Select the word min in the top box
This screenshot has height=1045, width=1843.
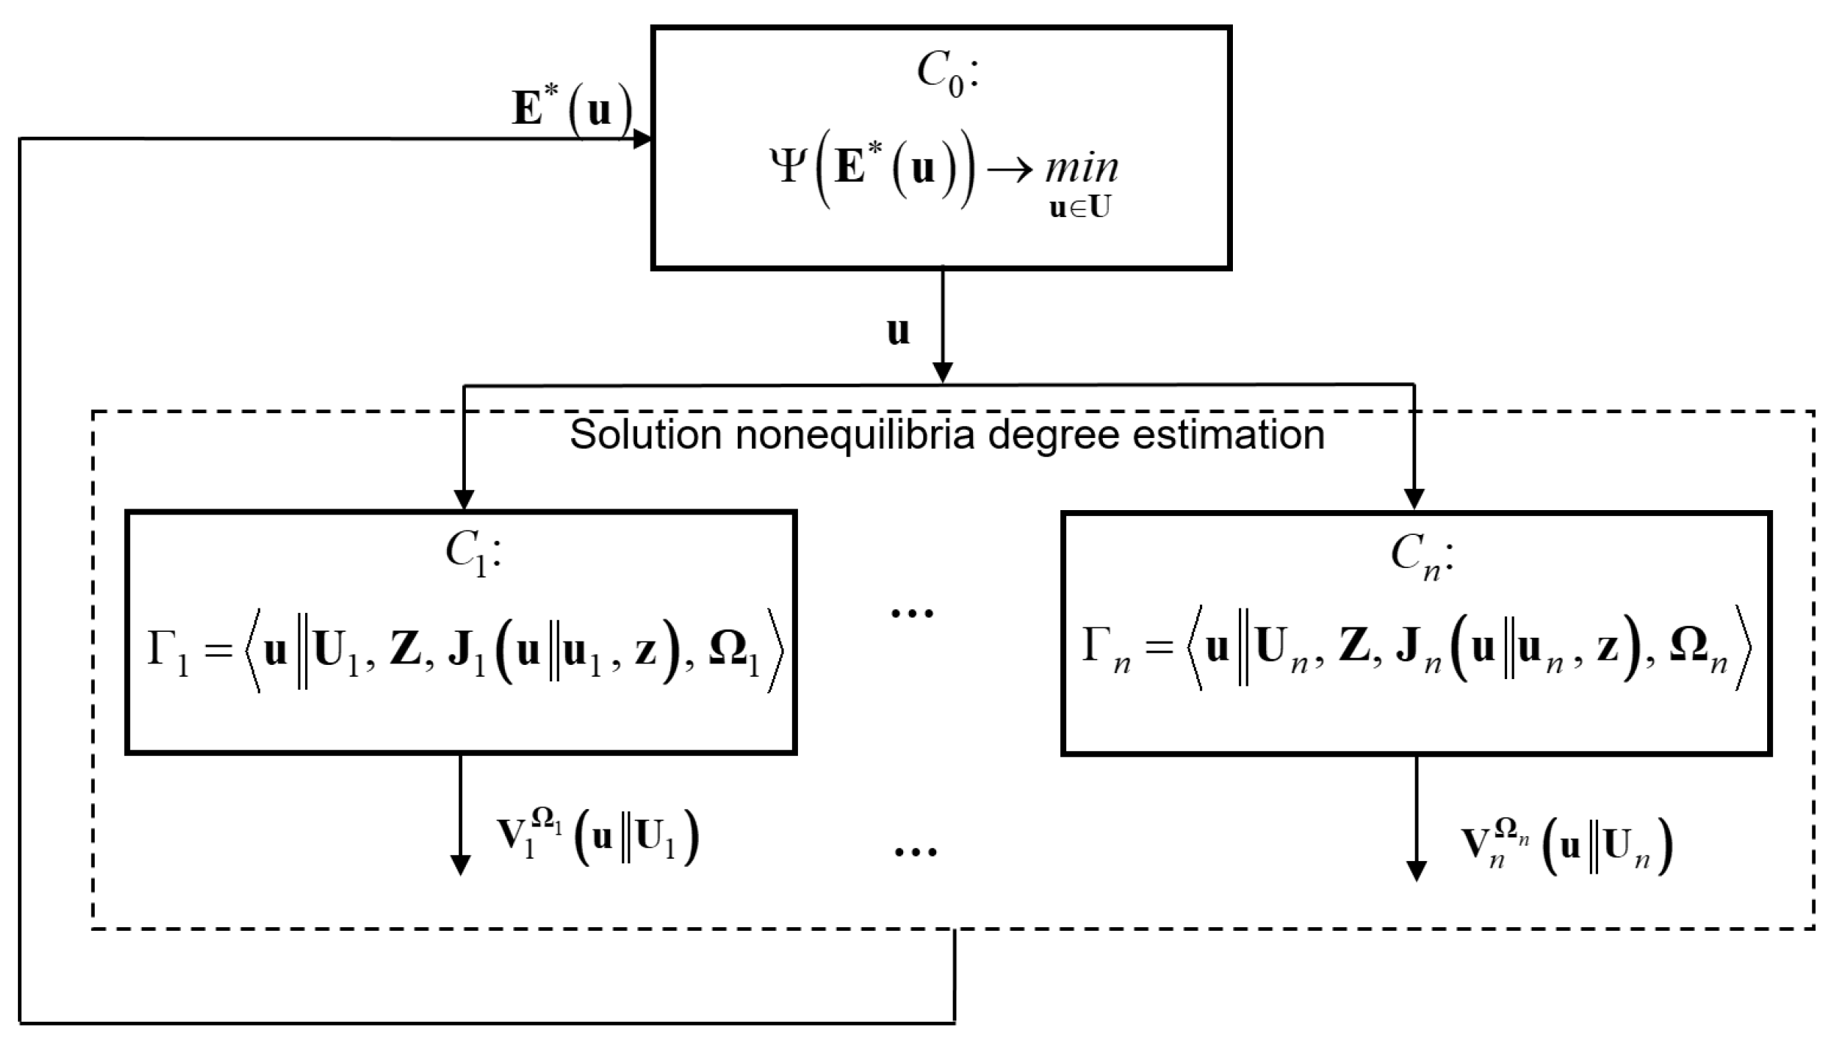coord(1081,168)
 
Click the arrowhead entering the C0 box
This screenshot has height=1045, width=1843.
coord(643,139)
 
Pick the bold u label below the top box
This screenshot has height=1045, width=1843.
coord(898,331)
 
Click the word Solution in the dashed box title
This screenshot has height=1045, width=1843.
coord(645,435)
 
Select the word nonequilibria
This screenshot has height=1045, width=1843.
coord(857,435)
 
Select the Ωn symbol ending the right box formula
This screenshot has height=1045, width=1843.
coord(1698,652)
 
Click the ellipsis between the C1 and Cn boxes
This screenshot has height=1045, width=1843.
coord(912,612)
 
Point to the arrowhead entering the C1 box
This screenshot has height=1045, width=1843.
coord(464,500)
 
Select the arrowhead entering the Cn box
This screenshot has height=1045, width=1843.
coord(1415,500)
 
